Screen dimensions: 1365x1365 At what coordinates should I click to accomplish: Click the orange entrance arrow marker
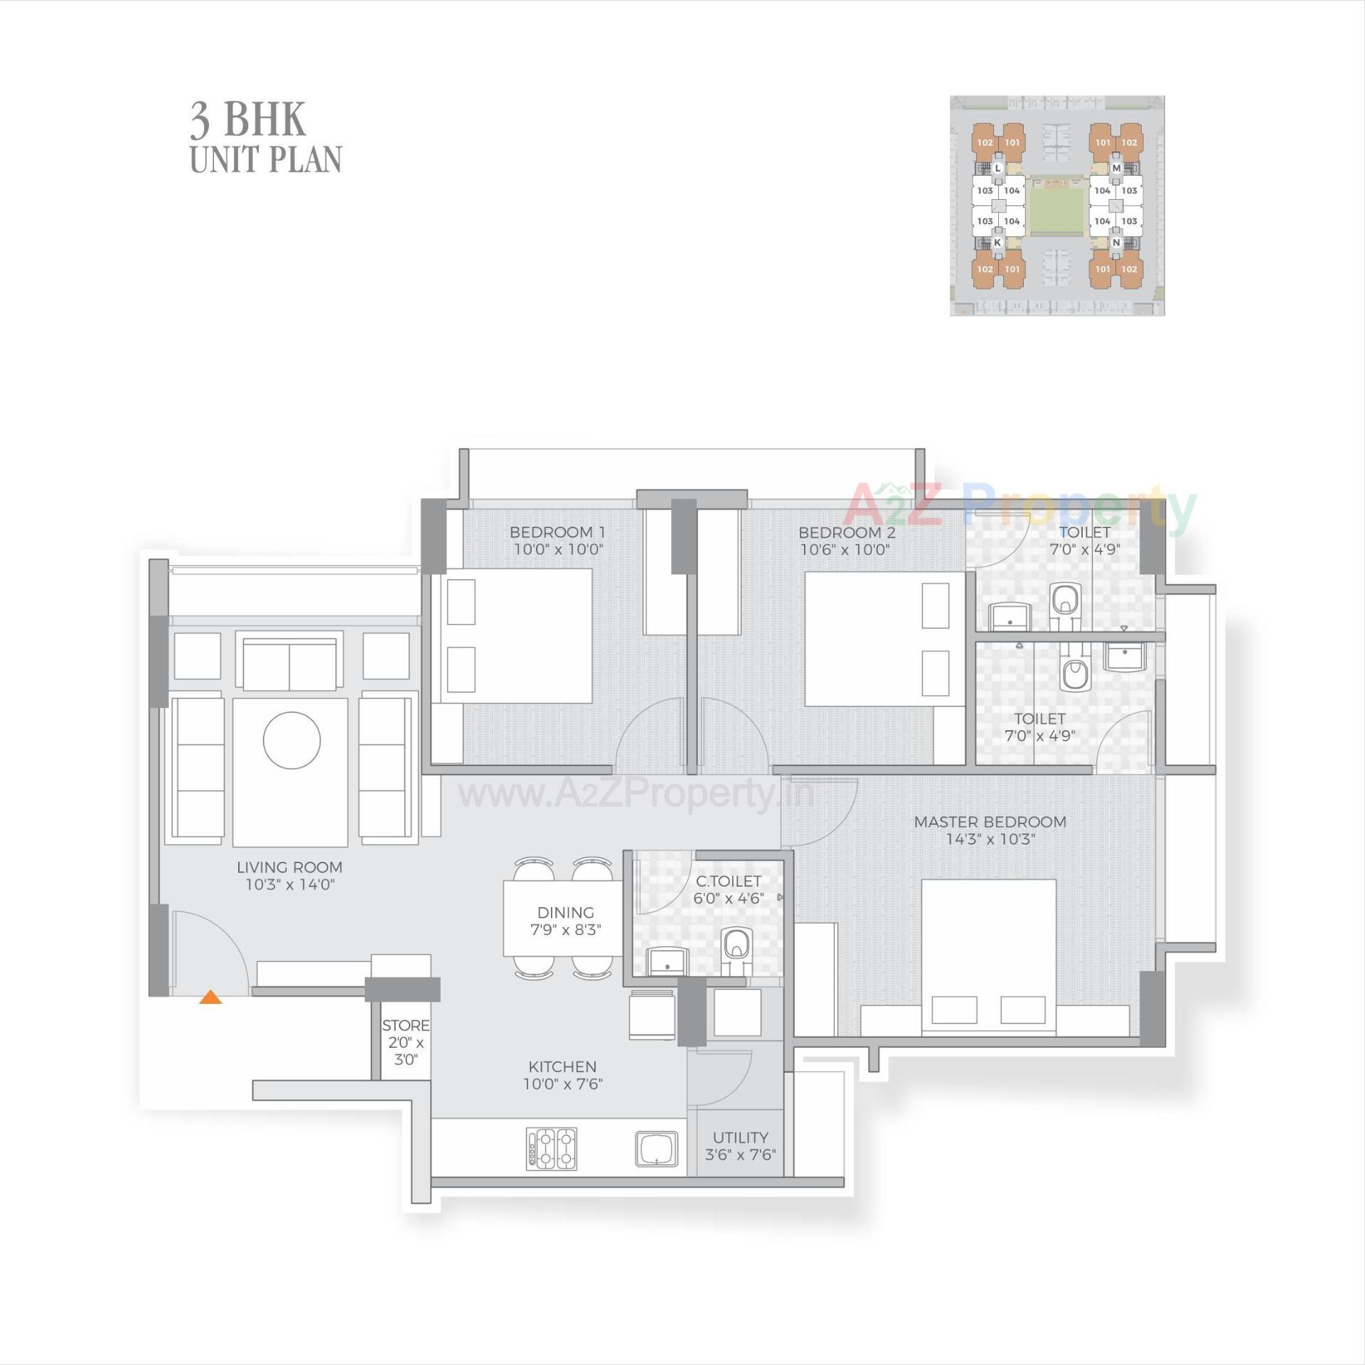tap(210, 997)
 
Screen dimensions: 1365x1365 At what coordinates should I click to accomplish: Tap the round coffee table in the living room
tap(291, 740)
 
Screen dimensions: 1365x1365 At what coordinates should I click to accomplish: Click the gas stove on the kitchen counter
tap(552, 1150)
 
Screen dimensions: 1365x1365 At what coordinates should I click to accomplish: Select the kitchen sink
tap(656, 1150)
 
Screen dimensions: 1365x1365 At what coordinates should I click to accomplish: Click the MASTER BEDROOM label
tap(990, 822)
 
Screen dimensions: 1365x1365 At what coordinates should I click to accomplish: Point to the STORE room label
tap(405, 1026)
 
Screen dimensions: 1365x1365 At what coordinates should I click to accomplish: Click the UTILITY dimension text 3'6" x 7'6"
tap(740, 1155)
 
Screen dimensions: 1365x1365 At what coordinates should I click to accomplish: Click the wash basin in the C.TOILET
tap(667, 961)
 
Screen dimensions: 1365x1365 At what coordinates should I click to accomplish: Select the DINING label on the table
tap(565, 912)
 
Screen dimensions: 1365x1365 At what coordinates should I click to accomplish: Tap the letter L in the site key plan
tap(997, 168)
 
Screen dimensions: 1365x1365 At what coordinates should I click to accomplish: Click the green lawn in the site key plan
tap(1057, 210)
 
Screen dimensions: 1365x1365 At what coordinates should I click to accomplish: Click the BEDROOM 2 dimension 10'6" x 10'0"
tap(845, 550)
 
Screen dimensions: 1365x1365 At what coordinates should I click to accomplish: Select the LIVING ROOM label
tap(289, 867)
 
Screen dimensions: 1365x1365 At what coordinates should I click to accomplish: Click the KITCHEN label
tap(562, 1066)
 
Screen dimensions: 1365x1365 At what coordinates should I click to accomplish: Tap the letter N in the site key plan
tap(1116, 242)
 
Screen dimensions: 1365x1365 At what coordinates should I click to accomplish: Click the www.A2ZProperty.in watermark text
tap(636, 795)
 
